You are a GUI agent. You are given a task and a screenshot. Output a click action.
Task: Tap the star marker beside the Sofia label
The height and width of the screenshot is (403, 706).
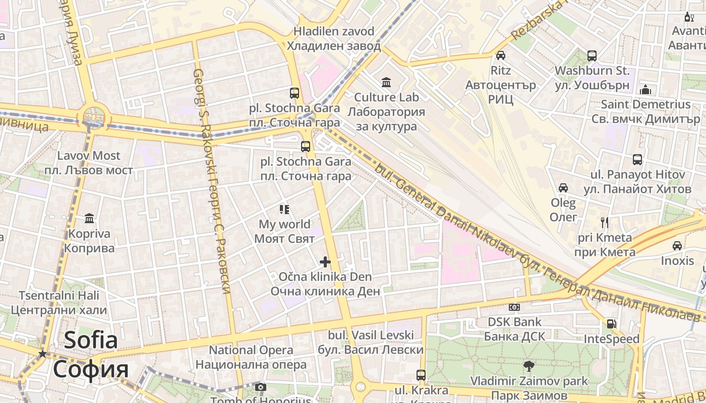43,354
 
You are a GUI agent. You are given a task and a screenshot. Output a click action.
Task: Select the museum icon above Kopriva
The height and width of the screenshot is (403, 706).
90,219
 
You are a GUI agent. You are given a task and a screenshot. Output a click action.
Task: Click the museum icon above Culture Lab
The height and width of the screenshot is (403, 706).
386,82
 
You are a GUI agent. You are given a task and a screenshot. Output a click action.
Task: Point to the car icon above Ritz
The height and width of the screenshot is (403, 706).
500,55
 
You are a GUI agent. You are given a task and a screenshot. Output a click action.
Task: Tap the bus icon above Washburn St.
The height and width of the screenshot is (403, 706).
592,55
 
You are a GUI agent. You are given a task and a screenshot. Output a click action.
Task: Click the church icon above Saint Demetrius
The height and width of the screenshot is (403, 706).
645,90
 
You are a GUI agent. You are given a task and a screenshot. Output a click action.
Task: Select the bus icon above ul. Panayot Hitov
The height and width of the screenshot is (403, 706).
637,160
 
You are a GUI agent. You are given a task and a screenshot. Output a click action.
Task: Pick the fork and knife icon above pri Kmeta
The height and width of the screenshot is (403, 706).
605,222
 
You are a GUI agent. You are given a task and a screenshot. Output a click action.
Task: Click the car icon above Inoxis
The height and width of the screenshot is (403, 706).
677,246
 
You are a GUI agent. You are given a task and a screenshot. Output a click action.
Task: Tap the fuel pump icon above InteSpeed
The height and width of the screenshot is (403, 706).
611,324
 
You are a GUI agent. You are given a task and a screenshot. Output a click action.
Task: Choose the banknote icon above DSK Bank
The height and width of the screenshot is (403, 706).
514,307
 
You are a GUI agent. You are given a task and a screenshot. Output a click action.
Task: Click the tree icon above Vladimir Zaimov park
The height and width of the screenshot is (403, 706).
529,366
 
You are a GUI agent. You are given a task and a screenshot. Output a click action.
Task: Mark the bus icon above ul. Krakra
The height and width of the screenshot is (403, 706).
421,375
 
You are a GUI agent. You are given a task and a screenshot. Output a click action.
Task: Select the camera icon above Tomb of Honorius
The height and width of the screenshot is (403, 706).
260,387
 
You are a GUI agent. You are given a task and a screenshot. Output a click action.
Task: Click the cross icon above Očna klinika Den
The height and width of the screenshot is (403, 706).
325,261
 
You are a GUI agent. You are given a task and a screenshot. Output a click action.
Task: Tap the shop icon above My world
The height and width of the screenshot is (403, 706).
284,209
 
